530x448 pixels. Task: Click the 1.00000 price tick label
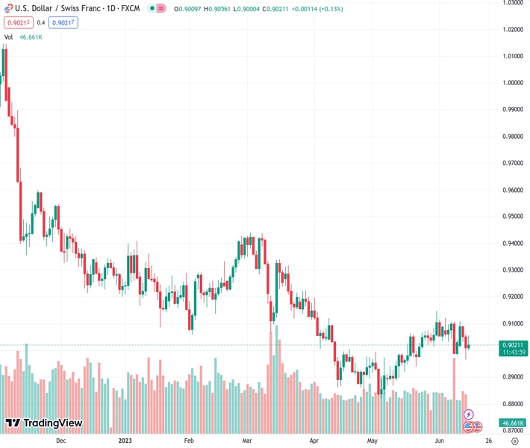[x=511, y=83]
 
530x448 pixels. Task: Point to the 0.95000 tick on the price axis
[x=511, y=217]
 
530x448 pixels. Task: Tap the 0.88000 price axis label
[x=511, y=404]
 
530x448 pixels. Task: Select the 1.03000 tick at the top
[x=511, y=3]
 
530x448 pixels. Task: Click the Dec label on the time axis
[x=61, y=441]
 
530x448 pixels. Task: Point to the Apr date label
[x=314, y=441]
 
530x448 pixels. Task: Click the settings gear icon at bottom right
[x=514, y=441]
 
